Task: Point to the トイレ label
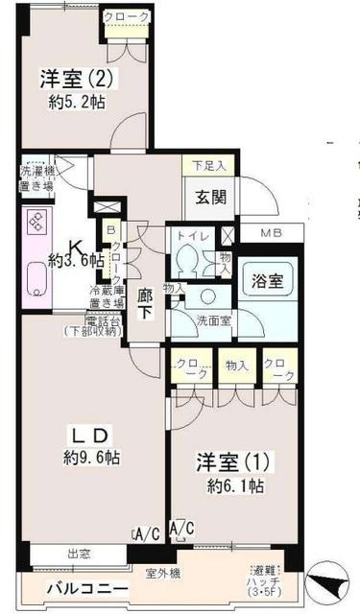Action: click(x=188, y=234)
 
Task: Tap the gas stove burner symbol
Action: click(x=35, y=223)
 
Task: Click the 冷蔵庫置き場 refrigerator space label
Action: click(x=106, y=296)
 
